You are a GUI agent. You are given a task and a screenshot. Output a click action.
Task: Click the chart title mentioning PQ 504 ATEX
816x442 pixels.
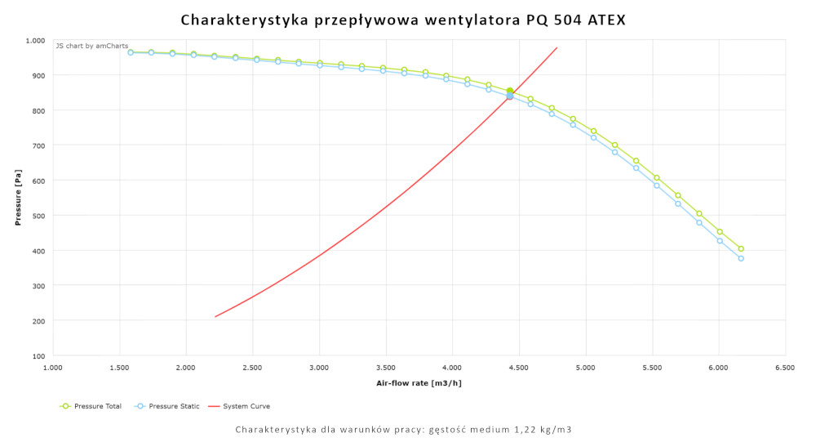tap(403, 20)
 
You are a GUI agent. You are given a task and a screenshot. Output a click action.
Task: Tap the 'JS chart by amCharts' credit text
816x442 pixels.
tap(92, 46)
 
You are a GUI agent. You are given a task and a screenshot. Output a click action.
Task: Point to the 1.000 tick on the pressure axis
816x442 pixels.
tap(35, 40)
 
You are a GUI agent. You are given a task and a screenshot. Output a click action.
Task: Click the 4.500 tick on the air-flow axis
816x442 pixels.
tap(518, 368)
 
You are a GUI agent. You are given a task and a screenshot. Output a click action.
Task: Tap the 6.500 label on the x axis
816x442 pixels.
tap(785, 368)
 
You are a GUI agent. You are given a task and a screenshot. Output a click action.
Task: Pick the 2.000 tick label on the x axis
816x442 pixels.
tap(186, 368)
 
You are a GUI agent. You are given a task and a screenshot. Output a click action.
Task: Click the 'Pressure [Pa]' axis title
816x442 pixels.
tap(18, 198)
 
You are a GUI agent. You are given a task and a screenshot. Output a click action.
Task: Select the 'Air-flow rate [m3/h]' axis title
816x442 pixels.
tap(419, 382)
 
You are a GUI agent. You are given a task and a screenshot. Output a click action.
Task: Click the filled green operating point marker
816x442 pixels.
tap(510, 92)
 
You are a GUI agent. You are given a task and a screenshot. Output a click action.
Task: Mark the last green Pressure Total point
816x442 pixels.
tap(741, 249)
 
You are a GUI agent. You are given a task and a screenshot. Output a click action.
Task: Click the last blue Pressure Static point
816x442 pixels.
tap(741, 258)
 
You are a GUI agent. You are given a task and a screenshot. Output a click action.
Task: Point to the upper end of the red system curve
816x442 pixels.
tap(557, 47)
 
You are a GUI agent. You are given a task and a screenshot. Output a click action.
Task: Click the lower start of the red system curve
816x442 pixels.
tap(215, 317)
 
